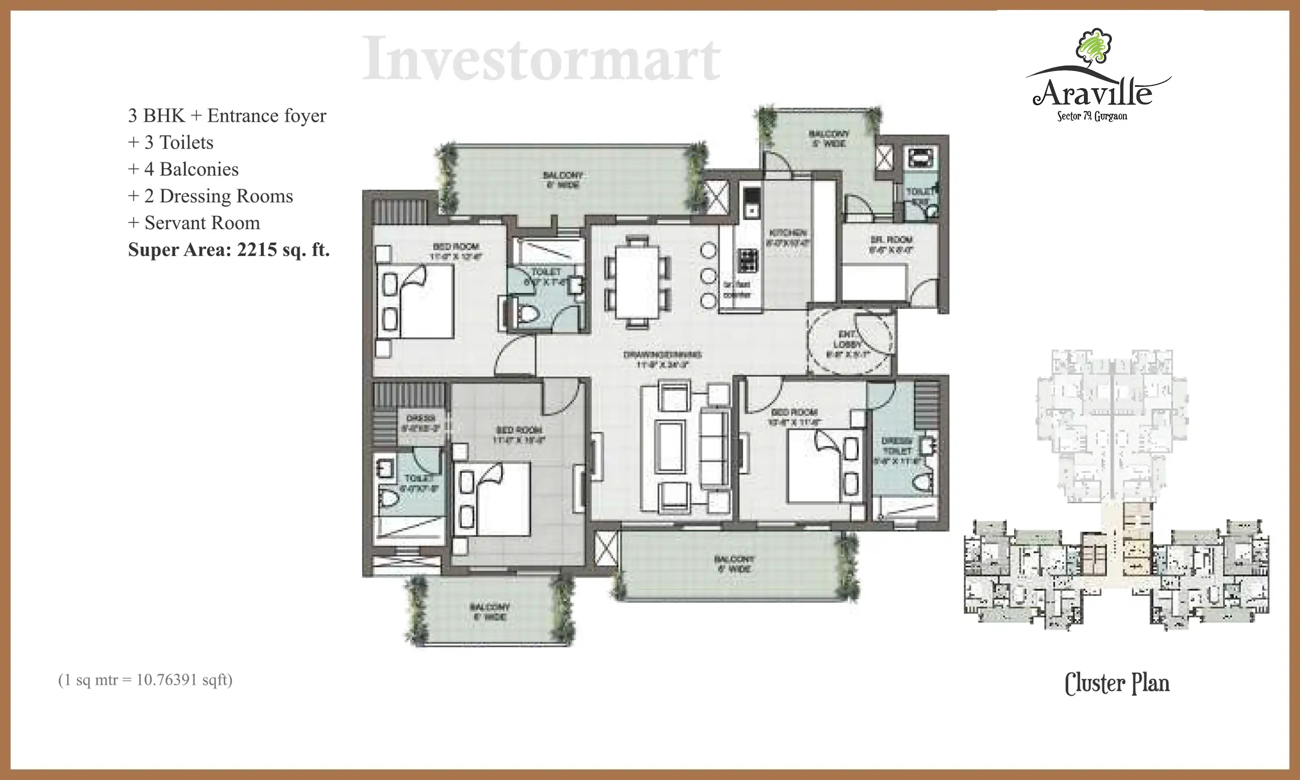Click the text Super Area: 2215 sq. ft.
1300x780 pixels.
click(228, 250)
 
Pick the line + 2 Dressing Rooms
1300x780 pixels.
click(210, 196)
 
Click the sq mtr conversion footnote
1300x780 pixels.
click(145, 680)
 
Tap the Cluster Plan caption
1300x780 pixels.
click(1117, 684)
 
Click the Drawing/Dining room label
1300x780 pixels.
click(662, 359)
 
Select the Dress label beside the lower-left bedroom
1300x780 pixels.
click(421, 422)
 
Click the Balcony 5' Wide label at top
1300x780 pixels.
click(829, 138)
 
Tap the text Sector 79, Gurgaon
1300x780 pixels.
click(1092, 116)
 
